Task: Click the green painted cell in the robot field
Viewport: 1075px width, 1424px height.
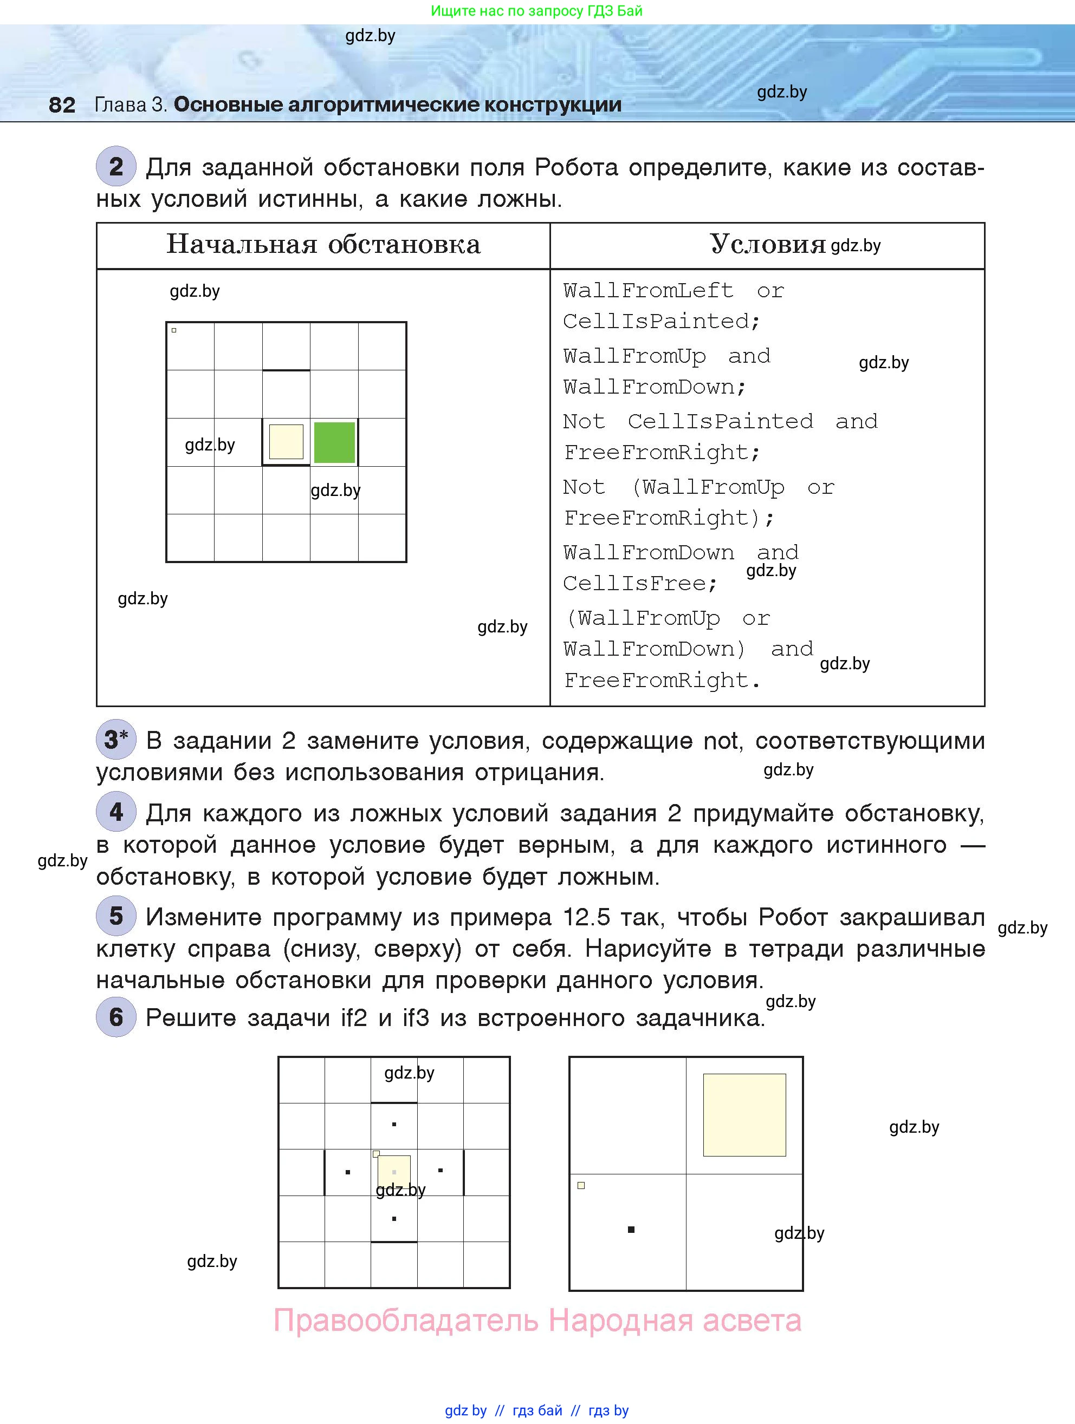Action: pos(334,442)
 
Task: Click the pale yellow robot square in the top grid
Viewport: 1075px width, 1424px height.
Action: pos(286,442)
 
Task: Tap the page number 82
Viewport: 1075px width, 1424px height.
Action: pos(62,105)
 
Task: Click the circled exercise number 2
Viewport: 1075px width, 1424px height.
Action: pos(116,167)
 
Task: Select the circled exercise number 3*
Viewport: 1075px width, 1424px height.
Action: pos(116,739)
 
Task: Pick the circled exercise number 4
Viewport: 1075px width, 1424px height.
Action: pos(116,812)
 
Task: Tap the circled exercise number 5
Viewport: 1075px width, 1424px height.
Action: pos(116,916)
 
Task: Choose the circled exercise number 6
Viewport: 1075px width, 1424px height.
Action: pos(116,1017)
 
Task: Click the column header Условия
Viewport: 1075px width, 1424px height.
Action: pos(768,244)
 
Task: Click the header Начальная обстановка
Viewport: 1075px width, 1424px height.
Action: pos(323,244)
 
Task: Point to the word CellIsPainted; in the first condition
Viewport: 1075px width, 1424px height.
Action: pos(662,321)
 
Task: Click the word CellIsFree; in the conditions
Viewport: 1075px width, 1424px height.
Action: pos(640,583)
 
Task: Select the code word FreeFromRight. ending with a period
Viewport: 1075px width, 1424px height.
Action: pos(662,681)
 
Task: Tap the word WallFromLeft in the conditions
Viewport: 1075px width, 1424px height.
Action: pos(648,290)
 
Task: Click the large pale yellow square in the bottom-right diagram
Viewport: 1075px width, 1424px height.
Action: pos(744,1115)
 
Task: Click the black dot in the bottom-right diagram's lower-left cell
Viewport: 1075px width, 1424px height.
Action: pos(631,1230)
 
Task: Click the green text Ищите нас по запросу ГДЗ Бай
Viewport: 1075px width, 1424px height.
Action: pos(536,11)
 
